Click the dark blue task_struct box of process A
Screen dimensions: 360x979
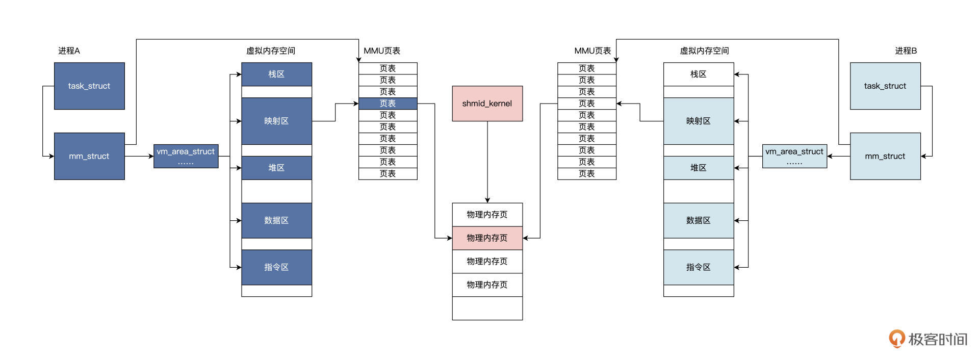[89, 86]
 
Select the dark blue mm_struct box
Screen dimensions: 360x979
[89, 156]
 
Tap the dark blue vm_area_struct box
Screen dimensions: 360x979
[186, 156]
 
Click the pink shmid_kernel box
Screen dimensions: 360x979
[487, 104]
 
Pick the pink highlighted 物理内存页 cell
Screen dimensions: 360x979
[487, 238]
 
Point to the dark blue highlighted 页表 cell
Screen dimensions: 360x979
[388, 104]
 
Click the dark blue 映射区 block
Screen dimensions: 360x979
[276, 121]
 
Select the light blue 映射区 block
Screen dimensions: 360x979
[698, 121]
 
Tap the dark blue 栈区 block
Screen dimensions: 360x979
[276, 74]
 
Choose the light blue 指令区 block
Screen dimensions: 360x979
[698, 267]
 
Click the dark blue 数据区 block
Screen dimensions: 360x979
[276, 220]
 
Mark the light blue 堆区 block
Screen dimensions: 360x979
[698, 168]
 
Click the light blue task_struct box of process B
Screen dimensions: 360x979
[885, 86]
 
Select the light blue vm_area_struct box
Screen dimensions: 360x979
[794, 156]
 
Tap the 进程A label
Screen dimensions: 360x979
[69, 50]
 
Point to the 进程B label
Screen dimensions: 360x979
[906, 50]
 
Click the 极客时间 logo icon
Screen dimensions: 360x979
[896, 339]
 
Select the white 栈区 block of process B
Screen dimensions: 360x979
[698, 74]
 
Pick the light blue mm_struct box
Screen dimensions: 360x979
[885, 156]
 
